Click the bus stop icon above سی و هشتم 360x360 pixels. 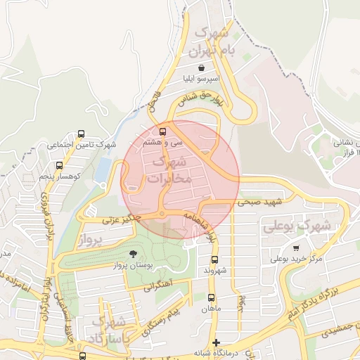(x=163, y=131)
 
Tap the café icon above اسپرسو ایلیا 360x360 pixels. (x=202, y=68)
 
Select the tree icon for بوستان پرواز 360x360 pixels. (x=133, y=254)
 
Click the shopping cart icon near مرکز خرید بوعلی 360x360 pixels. (x=296, y=247)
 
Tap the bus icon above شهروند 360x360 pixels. (x=214, y=259)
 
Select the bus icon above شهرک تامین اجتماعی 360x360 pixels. (x=81, y=133)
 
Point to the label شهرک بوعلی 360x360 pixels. (x=296, y=227)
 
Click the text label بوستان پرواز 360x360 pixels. (x=133, y=266)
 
